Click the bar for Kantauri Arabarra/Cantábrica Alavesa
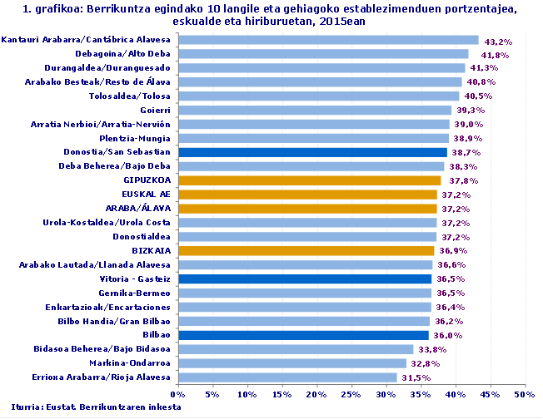327,40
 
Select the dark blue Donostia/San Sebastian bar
311,152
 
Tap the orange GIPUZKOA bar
309,180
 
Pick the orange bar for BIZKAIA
306,250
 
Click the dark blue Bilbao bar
302,335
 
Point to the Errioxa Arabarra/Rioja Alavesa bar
286,377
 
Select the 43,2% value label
498,41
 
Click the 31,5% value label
417,377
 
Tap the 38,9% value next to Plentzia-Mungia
468,139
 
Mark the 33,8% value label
433,349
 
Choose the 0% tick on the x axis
177,393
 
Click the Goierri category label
155,110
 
